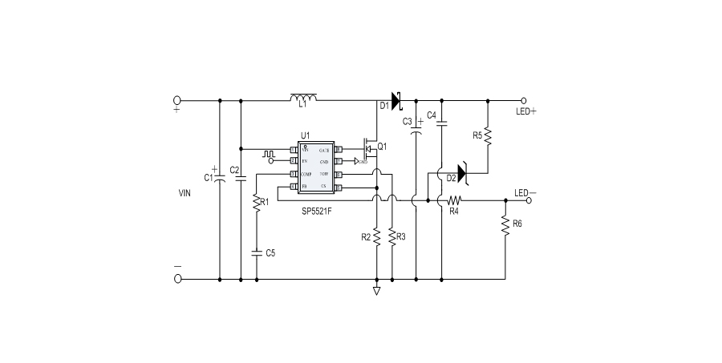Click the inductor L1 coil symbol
(x=303, y=99)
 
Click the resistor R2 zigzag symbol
(x=376, y=236)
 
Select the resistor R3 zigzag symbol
(x=391, y=236)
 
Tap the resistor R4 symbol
(x=455, y=200)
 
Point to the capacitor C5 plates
(x=256, y=252)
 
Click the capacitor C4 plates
(x=442, y=122)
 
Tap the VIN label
(x=185, y=193)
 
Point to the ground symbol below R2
(x=376, y=291)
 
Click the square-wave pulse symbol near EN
(x=270, y=150)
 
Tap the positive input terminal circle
(x=177, y=101)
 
